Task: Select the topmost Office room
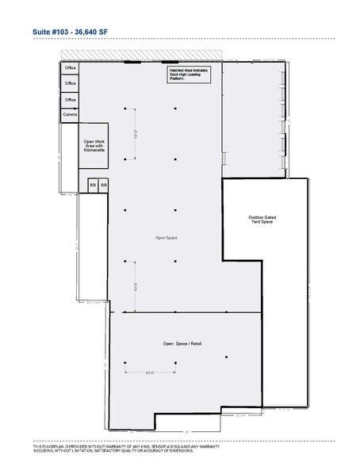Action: pos(70,68)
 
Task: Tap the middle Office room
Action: pos(70,84)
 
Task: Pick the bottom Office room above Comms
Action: pos(70,100)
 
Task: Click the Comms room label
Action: pos(70,116)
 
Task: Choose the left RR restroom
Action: pos(93,185)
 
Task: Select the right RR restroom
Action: pos(103,185)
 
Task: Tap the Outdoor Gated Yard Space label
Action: pos(261,219)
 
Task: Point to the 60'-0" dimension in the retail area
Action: pos(151,371)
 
